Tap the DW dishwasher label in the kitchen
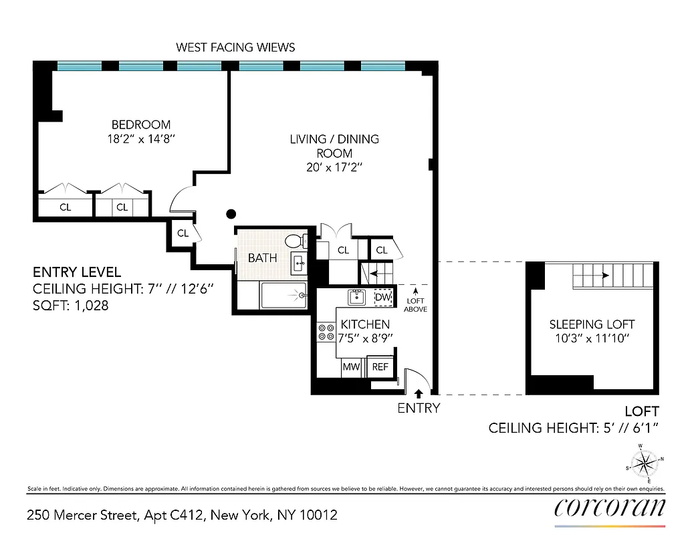(382, 298)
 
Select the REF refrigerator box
(380, 366)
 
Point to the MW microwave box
(351, 366)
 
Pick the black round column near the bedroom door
(231, 214)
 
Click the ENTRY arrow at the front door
(419, 394)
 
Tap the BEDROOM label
(140, 124)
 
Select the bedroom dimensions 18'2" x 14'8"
(140, 138)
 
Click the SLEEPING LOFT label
(592, 324)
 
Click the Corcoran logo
(610, 508)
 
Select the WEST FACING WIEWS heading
(235, 47)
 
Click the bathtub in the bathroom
(283, 295)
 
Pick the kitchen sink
(356, 297)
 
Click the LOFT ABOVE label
(416, 305)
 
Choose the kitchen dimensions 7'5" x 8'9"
(365, 338)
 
